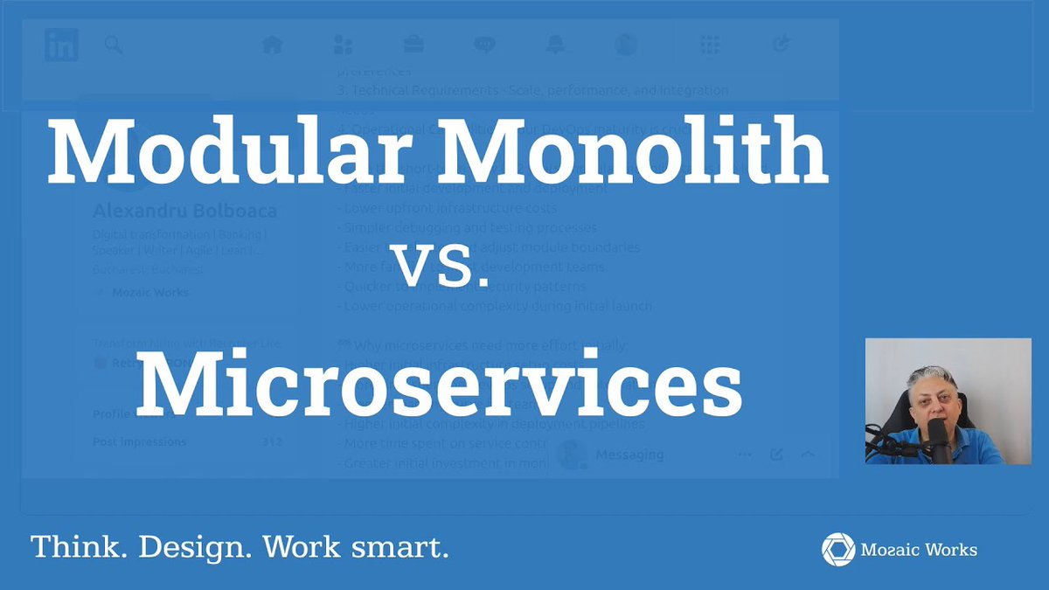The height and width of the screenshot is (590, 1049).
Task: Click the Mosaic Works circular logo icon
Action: click(838, 549)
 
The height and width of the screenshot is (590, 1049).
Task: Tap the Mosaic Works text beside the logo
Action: click(919, 550)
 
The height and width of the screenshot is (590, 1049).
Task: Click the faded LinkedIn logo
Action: click(61, 45)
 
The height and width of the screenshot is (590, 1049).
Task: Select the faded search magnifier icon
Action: click(114, 45)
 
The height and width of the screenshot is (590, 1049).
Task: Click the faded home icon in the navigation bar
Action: click(273, 45)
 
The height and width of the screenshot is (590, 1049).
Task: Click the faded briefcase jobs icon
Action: click(413, 45)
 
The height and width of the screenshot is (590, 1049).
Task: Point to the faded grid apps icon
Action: click(710, 45)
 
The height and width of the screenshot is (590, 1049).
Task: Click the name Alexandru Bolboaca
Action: click(184, 212)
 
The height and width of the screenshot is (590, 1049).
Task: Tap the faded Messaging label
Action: click(629, 455)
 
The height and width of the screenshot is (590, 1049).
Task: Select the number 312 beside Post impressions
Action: click(272, 442)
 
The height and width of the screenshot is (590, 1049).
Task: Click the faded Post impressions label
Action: click(139, 442)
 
